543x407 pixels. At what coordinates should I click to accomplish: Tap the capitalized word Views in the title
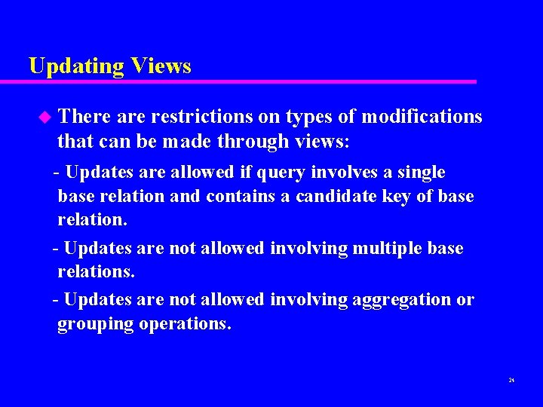[161, 66]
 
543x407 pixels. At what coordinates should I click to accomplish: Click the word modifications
[422, 117]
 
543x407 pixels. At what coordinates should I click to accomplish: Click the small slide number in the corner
[511, 381]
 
